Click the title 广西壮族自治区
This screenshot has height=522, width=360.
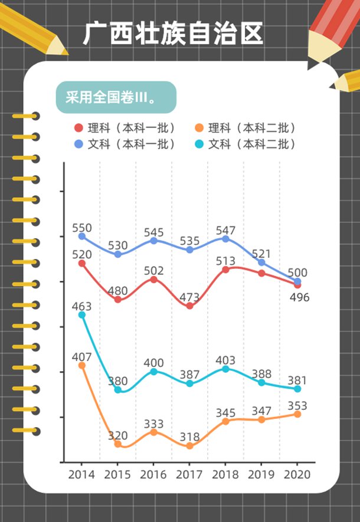(173, 34)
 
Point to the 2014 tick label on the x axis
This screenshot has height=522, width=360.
(81, 474)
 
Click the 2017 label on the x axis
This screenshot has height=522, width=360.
(189, 474)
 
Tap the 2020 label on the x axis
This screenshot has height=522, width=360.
(297, 474)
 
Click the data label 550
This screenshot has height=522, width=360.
(82, 228)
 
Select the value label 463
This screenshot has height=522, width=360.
(82, 306)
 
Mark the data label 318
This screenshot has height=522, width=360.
(189, 438)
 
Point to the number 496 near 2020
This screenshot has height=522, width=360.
(299, 297)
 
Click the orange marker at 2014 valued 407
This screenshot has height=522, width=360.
(82, 366)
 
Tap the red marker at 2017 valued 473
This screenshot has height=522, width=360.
(189, 306)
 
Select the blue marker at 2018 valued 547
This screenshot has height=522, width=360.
(225, 238)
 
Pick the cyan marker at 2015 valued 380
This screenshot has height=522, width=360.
(118, 390)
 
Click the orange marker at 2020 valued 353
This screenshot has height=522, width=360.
(297, 414)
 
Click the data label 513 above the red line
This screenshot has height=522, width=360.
(225, 261)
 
